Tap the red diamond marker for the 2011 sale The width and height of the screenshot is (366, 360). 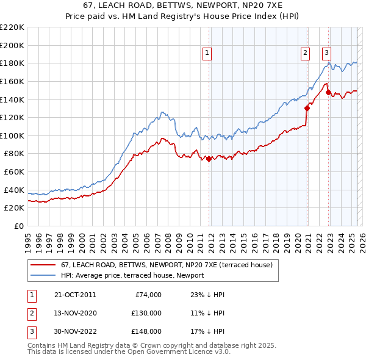(209, 159)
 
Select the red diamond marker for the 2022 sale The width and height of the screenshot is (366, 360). (328, 93)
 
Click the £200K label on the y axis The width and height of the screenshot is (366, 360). (12, 45)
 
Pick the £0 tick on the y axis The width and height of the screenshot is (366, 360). (19, 226)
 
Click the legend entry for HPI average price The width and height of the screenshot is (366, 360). (132, 275)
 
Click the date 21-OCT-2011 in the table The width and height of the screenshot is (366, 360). (75, 295)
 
